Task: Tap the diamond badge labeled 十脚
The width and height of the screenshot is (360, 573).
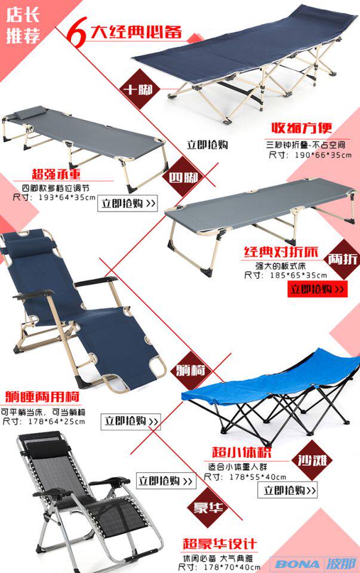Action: [x=137, y=91]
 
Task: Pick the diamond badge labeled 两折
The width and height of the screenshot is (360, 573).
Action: [x=343, y=260]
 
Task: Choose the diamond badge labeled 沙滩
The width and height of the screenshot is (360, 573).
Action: [x=315, y=461]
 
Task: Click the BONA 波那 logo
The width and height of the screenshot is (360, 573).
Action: [x=316, y=563]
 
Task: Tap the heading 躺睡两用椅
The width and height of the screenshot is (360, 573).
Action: [x=42, y=396]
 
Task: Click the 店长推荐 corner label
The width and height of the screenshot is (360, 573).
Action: [x=23, y=24]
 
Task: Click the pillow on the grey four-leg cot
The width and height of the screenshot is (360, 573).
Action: [x=34, y=112]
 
